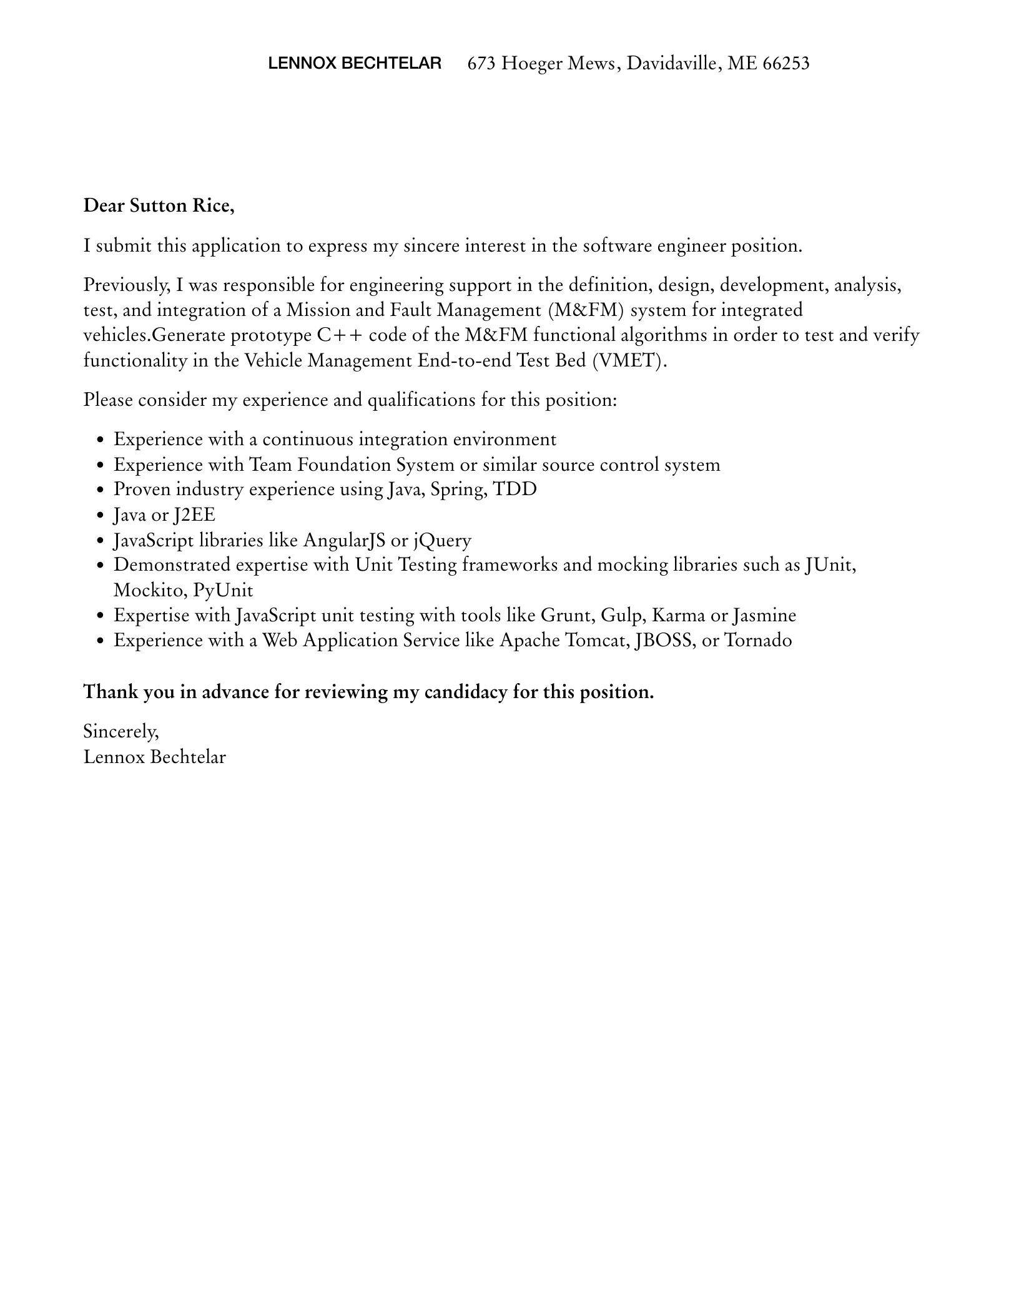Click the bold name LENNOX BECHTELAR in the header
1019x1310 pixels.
pyautogui.click(x=354, y=63)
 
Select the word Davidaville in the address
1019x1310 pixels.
pyautogui.click(x=671, y=63)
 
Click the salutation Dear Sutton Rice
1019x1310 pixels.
pyautogui.click(x=159, y=205)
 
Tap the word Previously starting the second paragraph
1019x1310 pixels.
pyautogui.click(x=127, y=285)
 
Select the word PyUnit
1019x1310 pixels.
pyautogui.click(x=223, y=590)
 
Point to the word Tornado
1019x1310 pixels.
pyautogui.click(x=757, y=641)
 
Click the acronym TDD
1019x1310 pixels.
pyautogui.click(x=514, y=489)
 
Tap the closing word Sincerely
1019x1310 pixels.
pyautogui.click(x=121, y=731)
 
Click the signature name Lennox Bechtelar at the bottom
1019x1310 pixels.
pyautogui.click(x=154, y=757)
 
